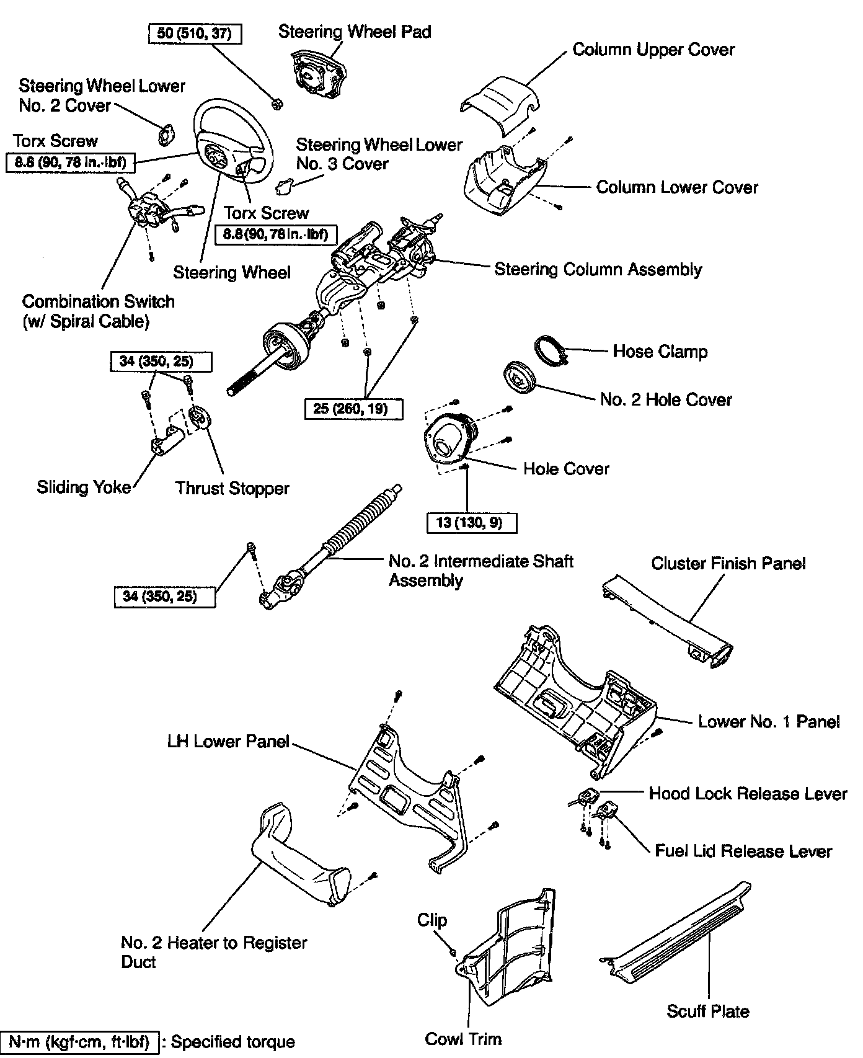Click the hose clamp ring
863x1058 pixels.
(550, 352)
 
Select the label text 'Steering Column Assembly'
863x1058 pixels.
(598, 269)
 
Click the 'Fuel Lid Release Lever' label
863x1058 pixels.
(743, 851)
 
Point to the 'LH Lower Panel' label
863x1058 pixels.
(228, 741)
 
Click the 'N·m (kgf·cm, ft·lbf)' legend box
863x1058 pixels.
(80, 1042)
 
